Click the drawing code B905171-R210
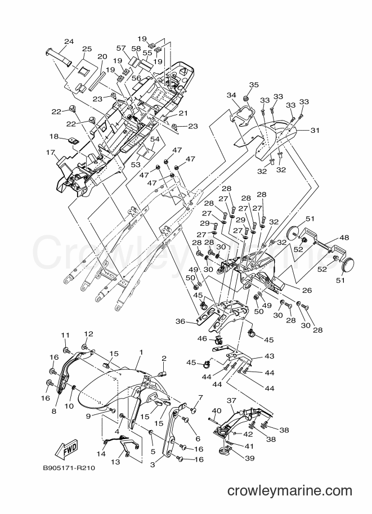[69, 468]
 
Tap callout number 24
[69, 42]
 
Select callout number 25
[87, 49]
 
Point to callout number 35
[254, 84]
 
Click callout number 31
[315, 130]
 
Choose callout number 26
[307, 290]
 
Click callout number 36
[180, 321]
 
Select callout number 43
[269, 356]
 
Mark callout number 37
[231, 400]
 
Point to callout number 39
[250, 458]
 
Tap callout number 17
[51, 152]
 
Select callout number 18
[55, 136]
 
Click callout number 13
[115, 462]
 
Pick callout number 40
[217, 410]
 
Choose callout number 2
[164, 358]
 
